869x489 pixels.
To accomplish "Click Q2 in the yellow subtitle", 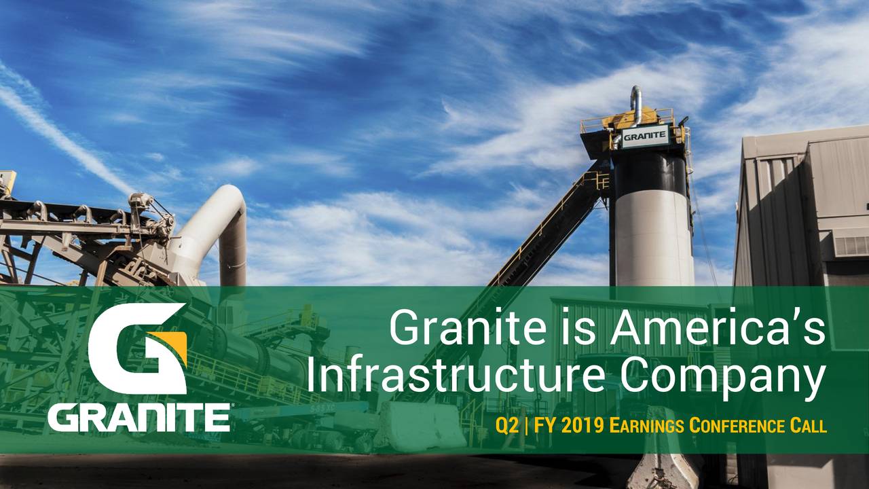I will point(506,427).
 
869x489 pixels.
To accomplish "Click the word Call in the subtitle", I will point(808,427).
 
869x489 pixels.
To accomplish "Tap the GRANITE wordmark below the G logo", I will point(138,416).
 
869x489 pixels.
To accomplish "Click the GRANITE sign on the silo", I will point(644,136).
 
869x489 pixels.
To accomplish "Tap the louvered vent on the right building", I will point(851,244).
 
